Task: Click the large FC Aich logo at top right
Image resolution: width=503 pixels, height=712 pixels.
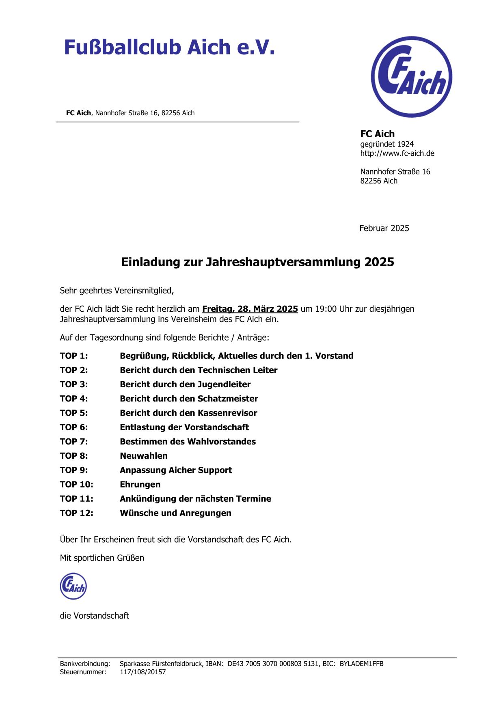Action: click(411, 77)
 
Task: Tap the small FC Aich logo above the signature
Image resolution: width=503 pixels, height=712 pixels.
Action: click(73, 586)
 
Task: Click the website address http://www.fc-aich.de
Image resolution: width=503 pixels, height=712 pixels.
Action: click(397, 153)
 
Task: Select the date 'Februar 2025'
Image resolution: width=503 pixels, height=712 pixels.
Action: click(384, 228)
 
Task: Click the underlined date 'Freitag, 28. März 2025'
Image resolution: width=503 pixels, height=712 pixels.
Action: click(250, 309)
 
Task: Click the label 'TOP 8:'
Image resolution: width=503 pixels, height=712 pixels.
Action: click(74, 456)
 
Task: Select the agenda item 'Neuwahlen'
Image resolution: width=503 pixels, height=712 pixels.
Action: click(144, 456)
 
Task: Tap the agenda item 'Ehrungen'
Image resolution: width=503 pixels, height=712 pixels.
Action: click(140, 484)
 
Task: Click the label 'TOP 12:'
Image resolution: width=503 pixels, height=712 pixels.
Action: click(76, 513)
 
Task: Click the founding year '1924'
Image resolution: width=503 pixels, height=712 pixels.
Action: click(405, 144)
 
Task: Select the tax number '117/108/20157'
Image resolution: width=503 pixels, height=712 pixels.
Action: click(143, 672)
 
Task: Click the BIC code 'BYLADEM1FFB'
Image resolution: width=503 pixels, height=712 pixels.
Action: click(361, 664)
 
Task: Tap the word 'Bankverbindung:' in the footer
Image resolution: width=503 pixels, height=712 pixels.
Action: click(85, 664)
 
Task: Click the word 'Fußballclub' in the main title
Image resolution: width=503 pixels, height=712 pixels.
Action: click(122, 47)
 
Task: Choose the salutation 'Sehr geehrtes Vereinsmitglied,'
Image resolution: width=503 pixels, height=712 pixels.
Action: click(117, 291)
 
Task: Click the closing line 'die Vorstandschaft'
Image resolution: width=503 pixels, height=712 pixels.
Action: click(95, 616)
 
